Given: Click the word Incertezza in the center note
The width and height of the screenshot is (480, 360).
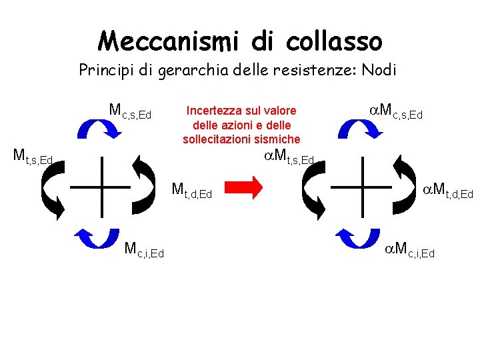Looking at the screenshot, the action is pos(212,110).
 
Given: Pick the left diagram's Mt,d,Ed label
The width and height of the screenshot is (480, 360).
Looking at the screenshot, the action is pos(191,191).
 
